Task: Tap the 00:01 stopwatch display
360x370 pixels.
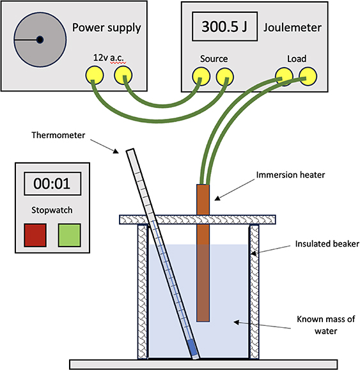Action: pyautogui.click(x=52, y=183)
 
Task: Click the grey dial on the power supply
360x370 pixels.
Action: pyautogui.click(x=39, y=40)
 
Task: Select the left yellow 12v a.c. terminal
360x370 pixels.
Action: pyautogui.click(x=93, y=76)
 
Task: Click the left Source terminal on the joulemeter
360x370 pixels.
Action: pyautogui.click(x=199, y=76)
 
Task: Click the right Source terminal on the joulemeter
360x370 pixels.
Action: pyautogui.click(x=223, y=76)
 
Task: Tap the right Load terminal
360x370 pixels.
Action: pyautogui.click(x=308, y=76)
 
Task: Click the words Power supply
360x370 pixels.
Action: pyautogui.click(x=106, y=27)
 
